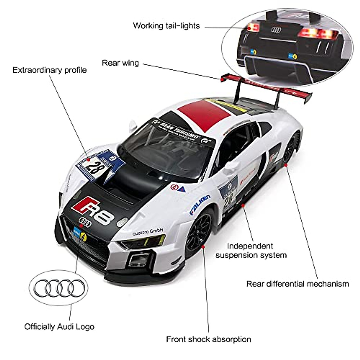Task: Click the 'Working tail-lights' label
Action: coord(166,25)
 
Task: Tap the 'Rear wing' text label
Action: coord(120,63)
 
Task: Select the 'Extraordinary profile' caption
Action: coord(49,70)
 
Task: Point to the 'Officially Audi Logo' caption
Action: coord(59,326)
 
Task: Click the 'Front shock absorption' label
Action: coord(208,339)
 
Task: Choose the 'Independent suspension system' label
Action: coord(251,250)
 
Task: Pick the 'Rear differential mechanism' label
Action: coord(298,284)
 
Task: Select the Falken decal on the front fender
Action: coord(200,205)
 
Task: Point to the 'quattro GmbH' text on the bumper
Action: coord(148,232)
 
